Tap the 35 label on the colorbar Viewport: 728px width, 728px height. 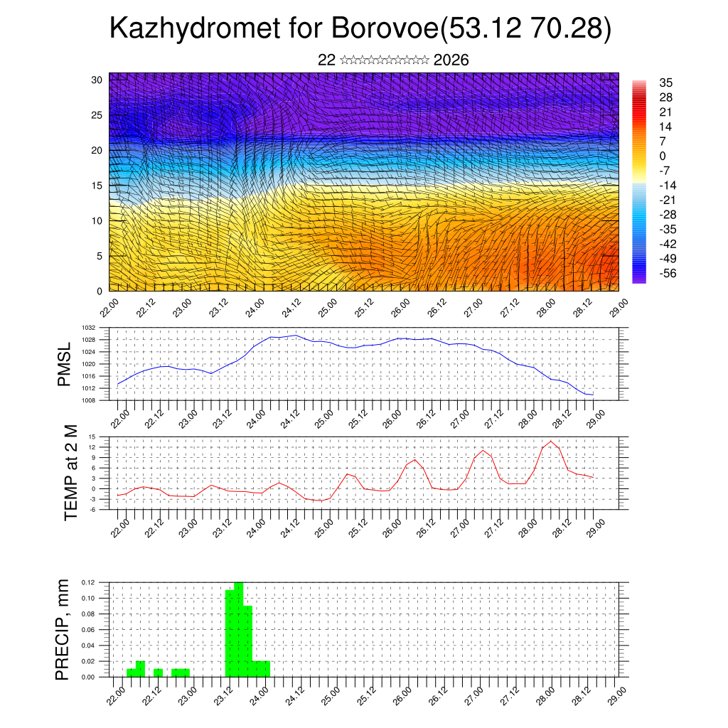tap(666, 82)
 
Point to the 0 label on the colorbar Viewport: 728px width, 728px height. tap(663, 156)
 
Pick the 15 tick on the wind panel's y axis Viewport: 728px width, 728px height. tap(97, 186)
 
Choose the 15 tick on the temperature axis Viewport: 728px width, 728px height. tap(92, 437)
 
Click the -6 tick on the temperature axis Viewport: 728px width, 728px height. tap(92, 510)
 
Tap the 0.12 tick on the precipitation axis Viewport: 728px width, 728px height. tap(87, 582)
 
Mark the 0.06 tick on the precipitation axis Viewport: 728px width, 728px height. tap(87, 630)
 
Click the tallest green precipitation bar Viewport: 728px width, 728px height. tap(239, 629)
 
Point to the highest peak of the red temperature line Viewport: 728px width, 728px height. tap(550, 441)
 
